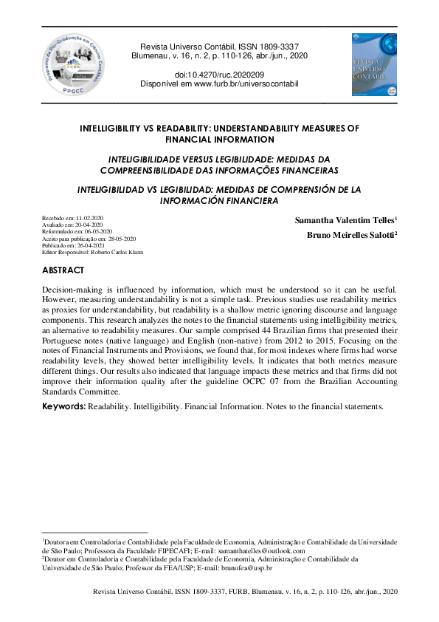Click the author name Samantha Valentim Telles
click(x=346, y=220)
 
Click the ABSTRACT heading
click(x=63, y=270)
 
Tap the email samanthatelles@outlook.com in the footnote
click(x=264, y=550)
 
